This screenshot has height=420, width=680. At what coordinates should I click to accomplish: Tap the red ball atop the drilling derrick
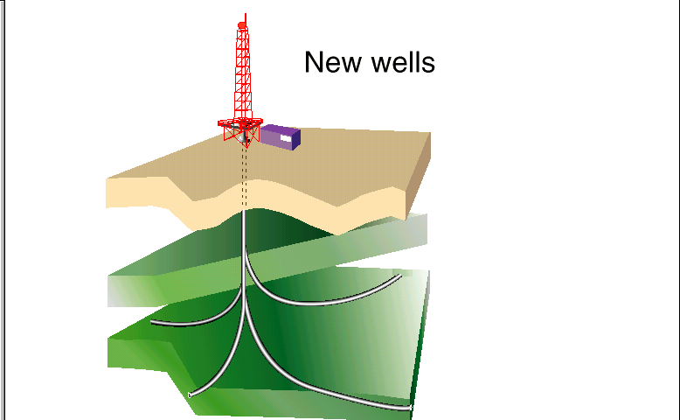242,25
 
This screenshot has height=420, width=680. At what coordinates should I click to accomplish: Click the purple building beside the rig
281,136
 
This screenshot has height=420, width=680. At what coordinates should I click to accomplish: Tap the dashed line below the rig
246,175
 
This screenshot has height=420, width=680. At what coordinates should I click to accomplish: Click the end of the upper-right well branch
400,276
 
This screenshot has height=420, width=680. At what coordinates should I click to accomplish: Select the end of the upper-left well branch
153,323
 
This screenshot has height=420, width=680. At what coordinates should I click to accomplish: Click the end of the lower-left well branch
190,395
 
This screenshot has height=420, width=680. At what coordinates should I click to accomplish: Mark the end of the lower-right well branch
410,407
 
